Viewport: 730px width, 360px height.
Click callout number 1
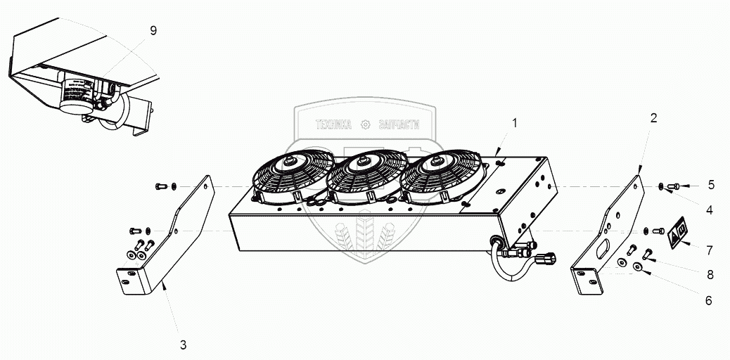coord(515,123)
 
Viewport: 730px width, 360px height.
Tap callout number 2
coord(653,118)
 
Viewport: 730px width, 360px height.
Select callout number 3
coord(183,345)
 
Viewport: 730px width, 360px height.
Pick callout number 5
coord(711,185)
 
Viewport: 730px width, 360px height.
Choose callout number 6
coord(708,300)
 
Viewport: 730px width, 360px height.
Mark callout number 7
coord(710,250)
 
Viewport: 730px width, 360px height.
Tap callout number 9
coord(153,30)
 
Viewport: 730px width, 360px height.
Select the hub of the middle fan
coord(363,162)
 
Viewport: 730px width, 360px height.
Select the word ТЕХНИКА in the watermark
coord(333,125)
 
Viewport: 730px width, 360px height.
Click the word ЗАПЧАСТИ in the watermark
coord(399,125)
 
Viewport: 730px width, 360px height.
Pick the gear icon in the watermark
coord(364,125)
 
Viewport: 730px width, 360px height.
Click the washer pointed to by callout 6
coord(637,266)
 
